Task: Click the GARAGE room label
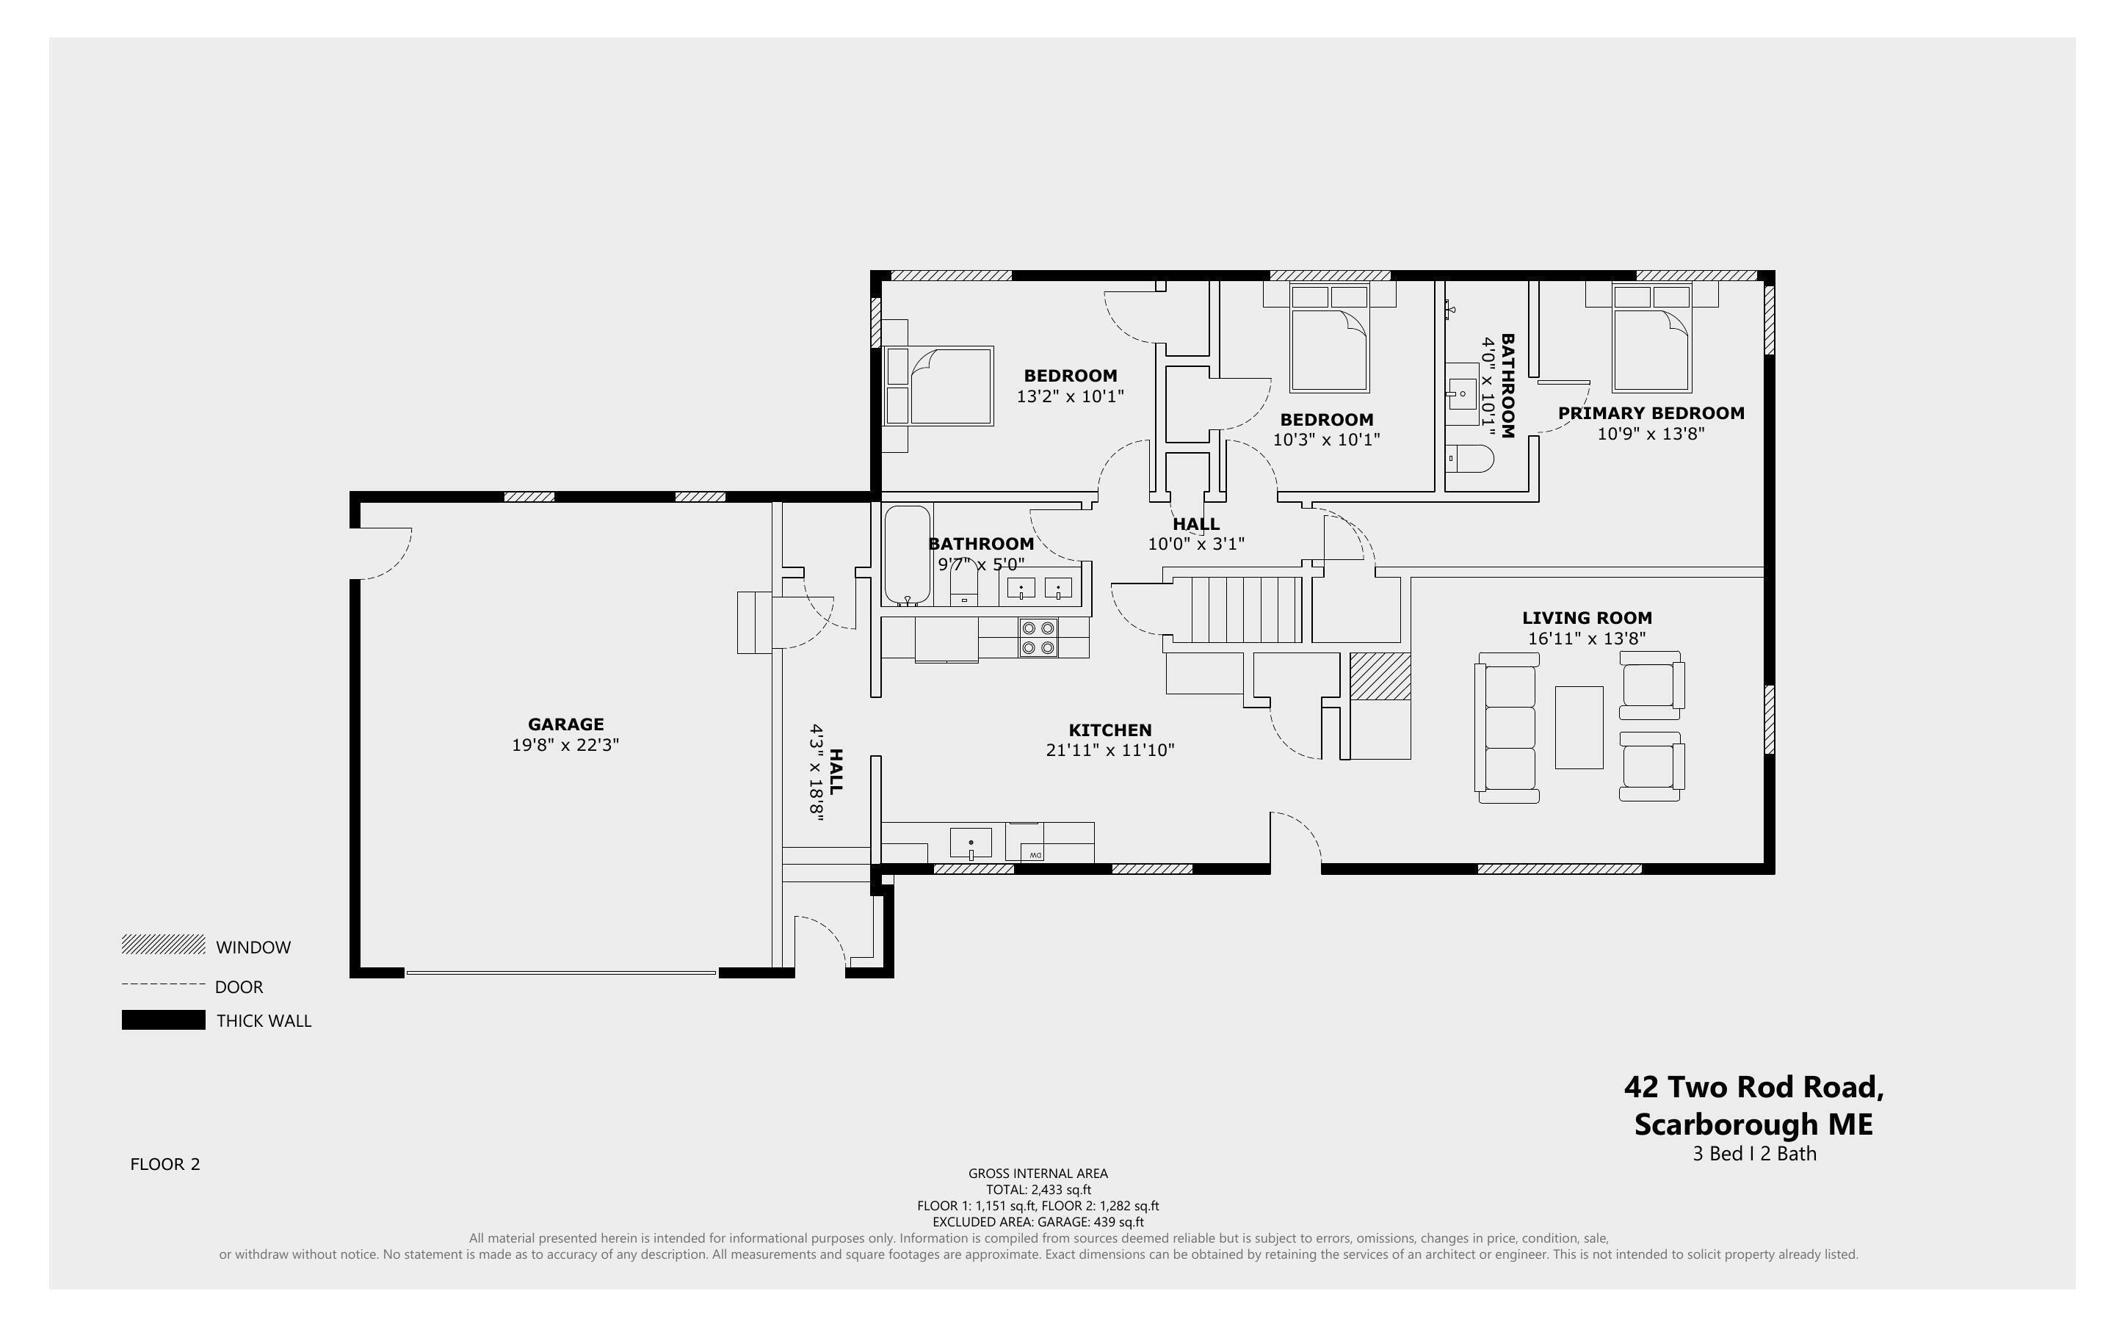click(x=565, y=724)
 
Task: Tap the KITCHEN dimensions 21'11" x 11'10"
click(x=1109, y=750)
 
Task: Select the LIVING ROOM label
click(x=1586, y=618)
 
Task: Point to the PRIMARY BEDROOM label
click(x=1650, y=413)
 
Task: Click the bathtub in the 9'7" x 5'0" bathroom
click(x=907, y=554)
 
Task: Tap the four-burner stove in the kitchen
click(x=1038, y=638)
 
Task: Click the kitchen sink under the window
click(x=971, y=843)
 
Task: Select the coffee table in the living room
click(x=1578, y=727)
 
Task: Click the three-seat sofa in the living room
click(x=1508, y=727)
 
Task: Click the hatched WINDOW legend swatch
click(x=163, y=945)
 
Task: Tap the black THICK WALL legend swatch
click(x=163, y=1019)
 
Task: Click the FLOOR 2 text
click(x=165, y=1165)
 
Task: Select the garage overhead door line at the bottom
click(x=561, y=972)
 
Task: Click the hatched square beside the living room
click(x=1380, y=677)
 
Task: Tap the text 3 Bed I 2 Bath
click(x=1753, y=1154)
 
